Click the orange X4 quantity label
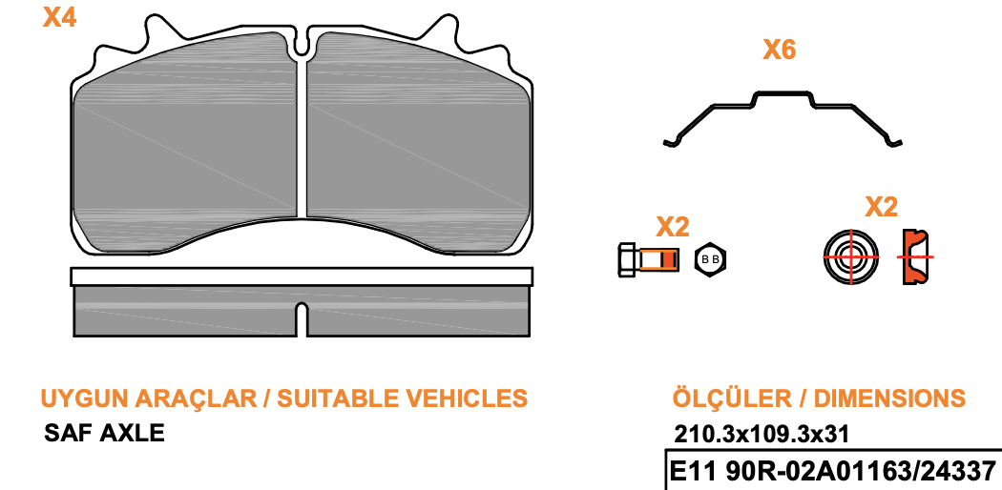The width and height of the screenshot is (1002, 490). coord(59,17)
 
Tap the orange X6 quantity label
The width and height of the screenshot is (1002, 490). coord(779,50)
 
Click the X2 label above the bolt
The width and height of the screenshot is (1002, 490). coord(673,227)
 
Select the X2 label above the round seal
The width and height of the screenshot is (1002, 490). coord(881,207)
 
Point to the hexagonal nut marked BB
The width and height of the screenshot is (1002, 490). coord(710,259)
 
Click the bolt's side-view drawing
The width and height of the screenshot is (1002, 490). coord(648,259)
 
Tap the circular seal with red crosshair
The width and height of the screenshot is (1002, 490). coord(850,257)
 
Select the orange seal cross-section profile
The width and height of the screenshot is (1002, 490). coord(915,256)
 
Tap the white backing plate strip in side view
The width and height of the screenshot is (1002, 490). coord(302,276)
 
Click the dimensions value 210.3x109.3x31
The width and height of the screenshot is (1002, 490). coord(762,435)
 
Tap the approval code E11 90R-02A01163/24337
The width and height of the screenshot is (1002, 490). coord(833,472)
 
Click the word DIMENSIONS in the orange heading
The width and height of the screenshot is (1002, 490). coord(889,398)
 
